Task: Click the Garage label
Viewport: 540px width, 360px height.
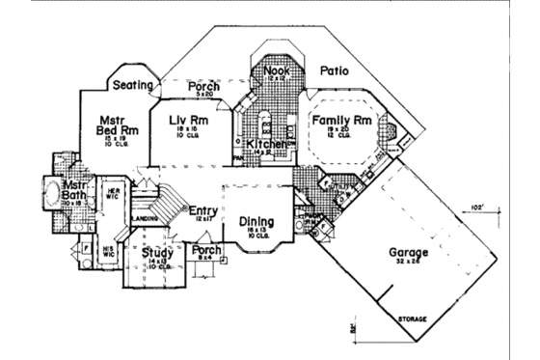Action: pyautogui.click(x=408, y=253)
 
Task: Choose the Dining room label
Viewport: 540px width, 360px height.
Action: pyautogui.click(x=256, y=221)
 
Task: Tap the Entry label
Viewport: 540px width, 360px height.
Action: pyautogui.click(x=203, y=211)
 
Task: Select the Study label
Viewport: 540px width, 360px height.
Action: pyautogui.click(x=157, y=253)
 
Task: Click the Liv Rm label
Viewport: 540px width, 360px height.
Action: pyautogui.click(x=189, y=121)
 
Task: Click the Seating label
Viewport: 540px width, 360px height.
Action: pyautogui.click(x=134, y=85)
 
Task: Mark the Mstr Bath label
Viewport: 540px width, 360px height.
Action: pyautogui.click(x=76, y=191)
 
